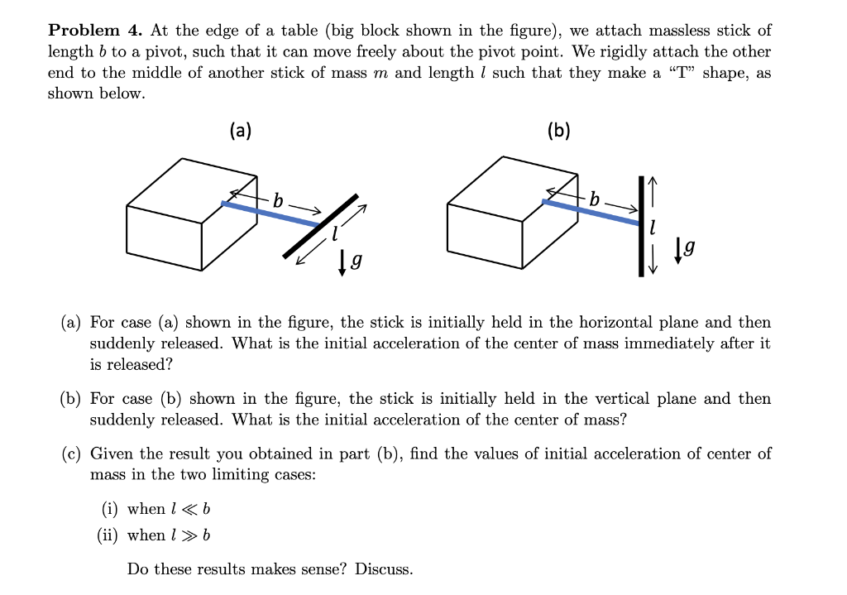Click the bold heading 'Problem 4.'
[x=95, y=31]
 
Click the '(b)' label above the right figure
[x=559, y=130]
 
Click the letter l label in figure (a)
[x=334, y=235]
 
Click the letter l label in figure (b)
[x=654, y=225]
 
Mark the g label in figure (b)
[x=690, y=246]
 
